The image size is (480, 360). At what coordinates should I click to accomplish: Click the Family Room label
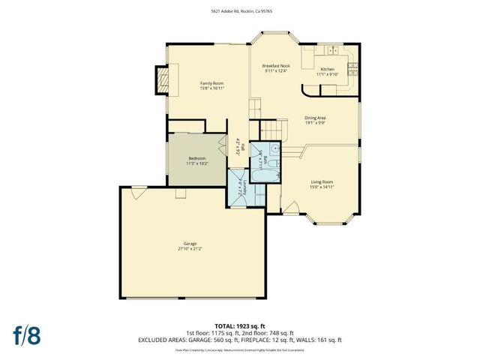(212, 82)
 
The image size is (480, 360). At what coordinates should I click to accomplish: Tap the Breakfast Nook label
(275, 66)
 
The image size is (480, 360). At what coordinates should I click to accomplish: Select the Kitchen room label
(328, 68)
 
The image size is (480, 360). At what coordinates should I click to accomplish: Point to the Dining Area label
(314, 118)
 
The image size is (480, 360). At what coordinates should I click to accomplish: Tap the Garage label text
(190, 244)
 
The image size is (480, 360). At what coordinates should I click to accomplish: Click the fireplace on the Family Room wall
(162, 79)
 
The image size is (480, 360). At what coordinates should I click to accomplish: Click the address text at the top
(240, 10)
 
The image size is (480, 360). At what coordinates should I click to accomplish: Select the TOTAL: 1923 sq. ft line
(240, 327)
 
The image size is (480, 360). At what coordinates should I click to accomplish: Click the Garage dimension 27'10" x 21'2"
(190, 249)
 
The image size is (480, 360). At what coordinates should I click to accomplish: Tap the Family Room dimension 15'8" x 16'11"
(212, 88)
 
